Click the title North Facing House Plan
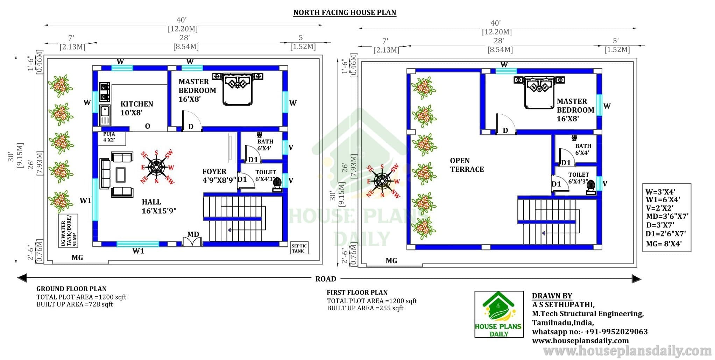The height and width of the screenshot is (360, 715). (x=345, y=13)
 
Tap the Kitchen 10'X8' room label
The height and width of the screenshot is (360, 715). (x=137, y=108)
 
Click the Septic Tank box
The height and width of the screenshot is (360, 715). (x=299, y=248)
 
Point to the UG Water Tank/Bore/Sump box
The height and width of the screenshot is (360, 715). (x=68, y=231)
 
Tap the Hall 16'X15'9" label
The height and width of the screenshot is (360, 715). (x=159, y=206)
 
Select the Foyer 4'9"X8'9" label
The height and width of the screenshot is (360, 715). (x=219, y=176)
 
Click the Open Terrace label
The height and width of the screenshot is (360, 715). (x=467, y=165)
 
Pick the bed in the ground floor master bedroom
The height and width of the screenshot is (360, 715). (x=238, y=88)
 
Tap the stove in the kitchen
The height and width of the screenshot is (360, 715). (x=104, y=92)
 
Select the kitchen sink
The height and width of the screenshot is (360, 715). (x=105, y=114)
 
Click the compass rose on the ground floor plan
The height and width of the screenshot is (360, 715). (x=157, y=168)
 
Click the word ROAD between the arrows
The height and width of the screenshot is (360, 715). (x=326, y=279)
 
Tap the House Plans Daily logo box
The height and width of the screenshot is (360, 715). (x=499, y=314)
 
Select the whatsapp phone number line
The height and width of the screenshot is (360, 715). (x=590, y=331)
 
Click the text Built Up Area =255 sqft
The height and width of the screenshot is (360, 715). (x=365, y=308)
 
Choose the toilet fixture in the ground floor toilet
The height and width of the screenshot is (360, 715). (x=277, y=185)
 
